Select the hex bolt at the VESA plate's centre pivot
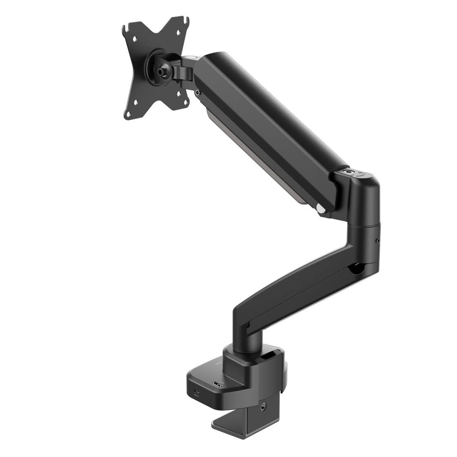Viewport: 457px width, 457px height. [161, 72]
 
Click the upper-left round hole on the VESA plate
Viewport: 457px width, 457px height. [135, 39]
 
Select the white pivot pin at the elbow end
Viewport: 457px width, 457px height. [321, 209]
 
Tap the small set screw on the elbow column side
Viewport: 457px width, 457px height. [378, 242]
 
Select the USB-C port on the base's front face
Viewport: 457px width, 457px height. [197, 391]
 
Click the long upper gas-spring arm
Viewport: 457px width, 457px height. [271, 127]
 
